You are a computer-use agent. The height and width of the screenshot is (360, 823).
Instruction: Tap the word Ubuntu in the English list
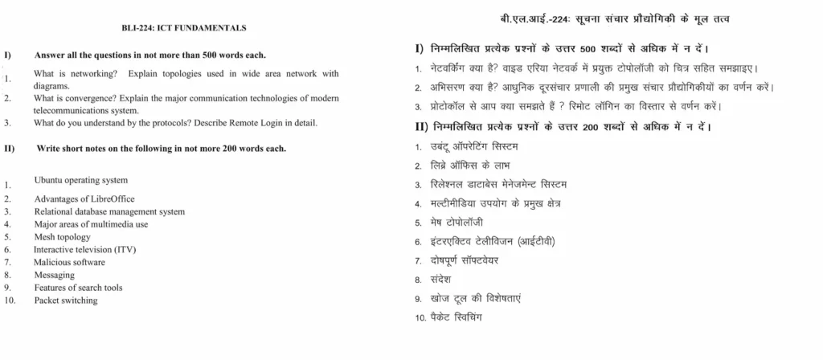coord(49,180)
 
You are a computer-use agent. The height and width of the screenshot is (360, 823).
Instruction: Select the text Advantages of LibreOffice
coord(84,198)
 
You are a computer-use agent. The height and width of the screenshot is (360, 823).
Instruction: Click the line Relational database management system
coord(109,211)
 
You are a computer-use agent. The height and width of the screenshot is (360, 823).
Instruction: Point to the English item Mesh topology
coord(62,237)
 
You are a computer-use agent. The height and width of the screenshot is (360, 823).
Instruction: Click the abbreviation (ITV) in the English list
coord(125,250)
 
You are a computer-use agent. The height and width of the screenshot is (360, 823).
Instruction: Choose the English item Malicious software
coord(69,262)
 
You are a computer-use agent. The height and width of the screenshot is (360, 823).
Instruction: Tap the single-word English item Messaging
coord(54,275)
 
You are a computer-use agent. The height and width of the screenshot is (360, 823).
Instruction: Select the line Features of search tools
coord(78,287)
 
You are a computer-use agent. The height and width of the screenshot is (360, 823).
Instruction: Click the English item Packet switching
coord(65,300)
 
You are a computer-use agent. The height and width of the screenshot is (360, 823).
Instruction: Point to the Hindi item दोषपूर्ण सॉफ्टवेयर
coord(469,260)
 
